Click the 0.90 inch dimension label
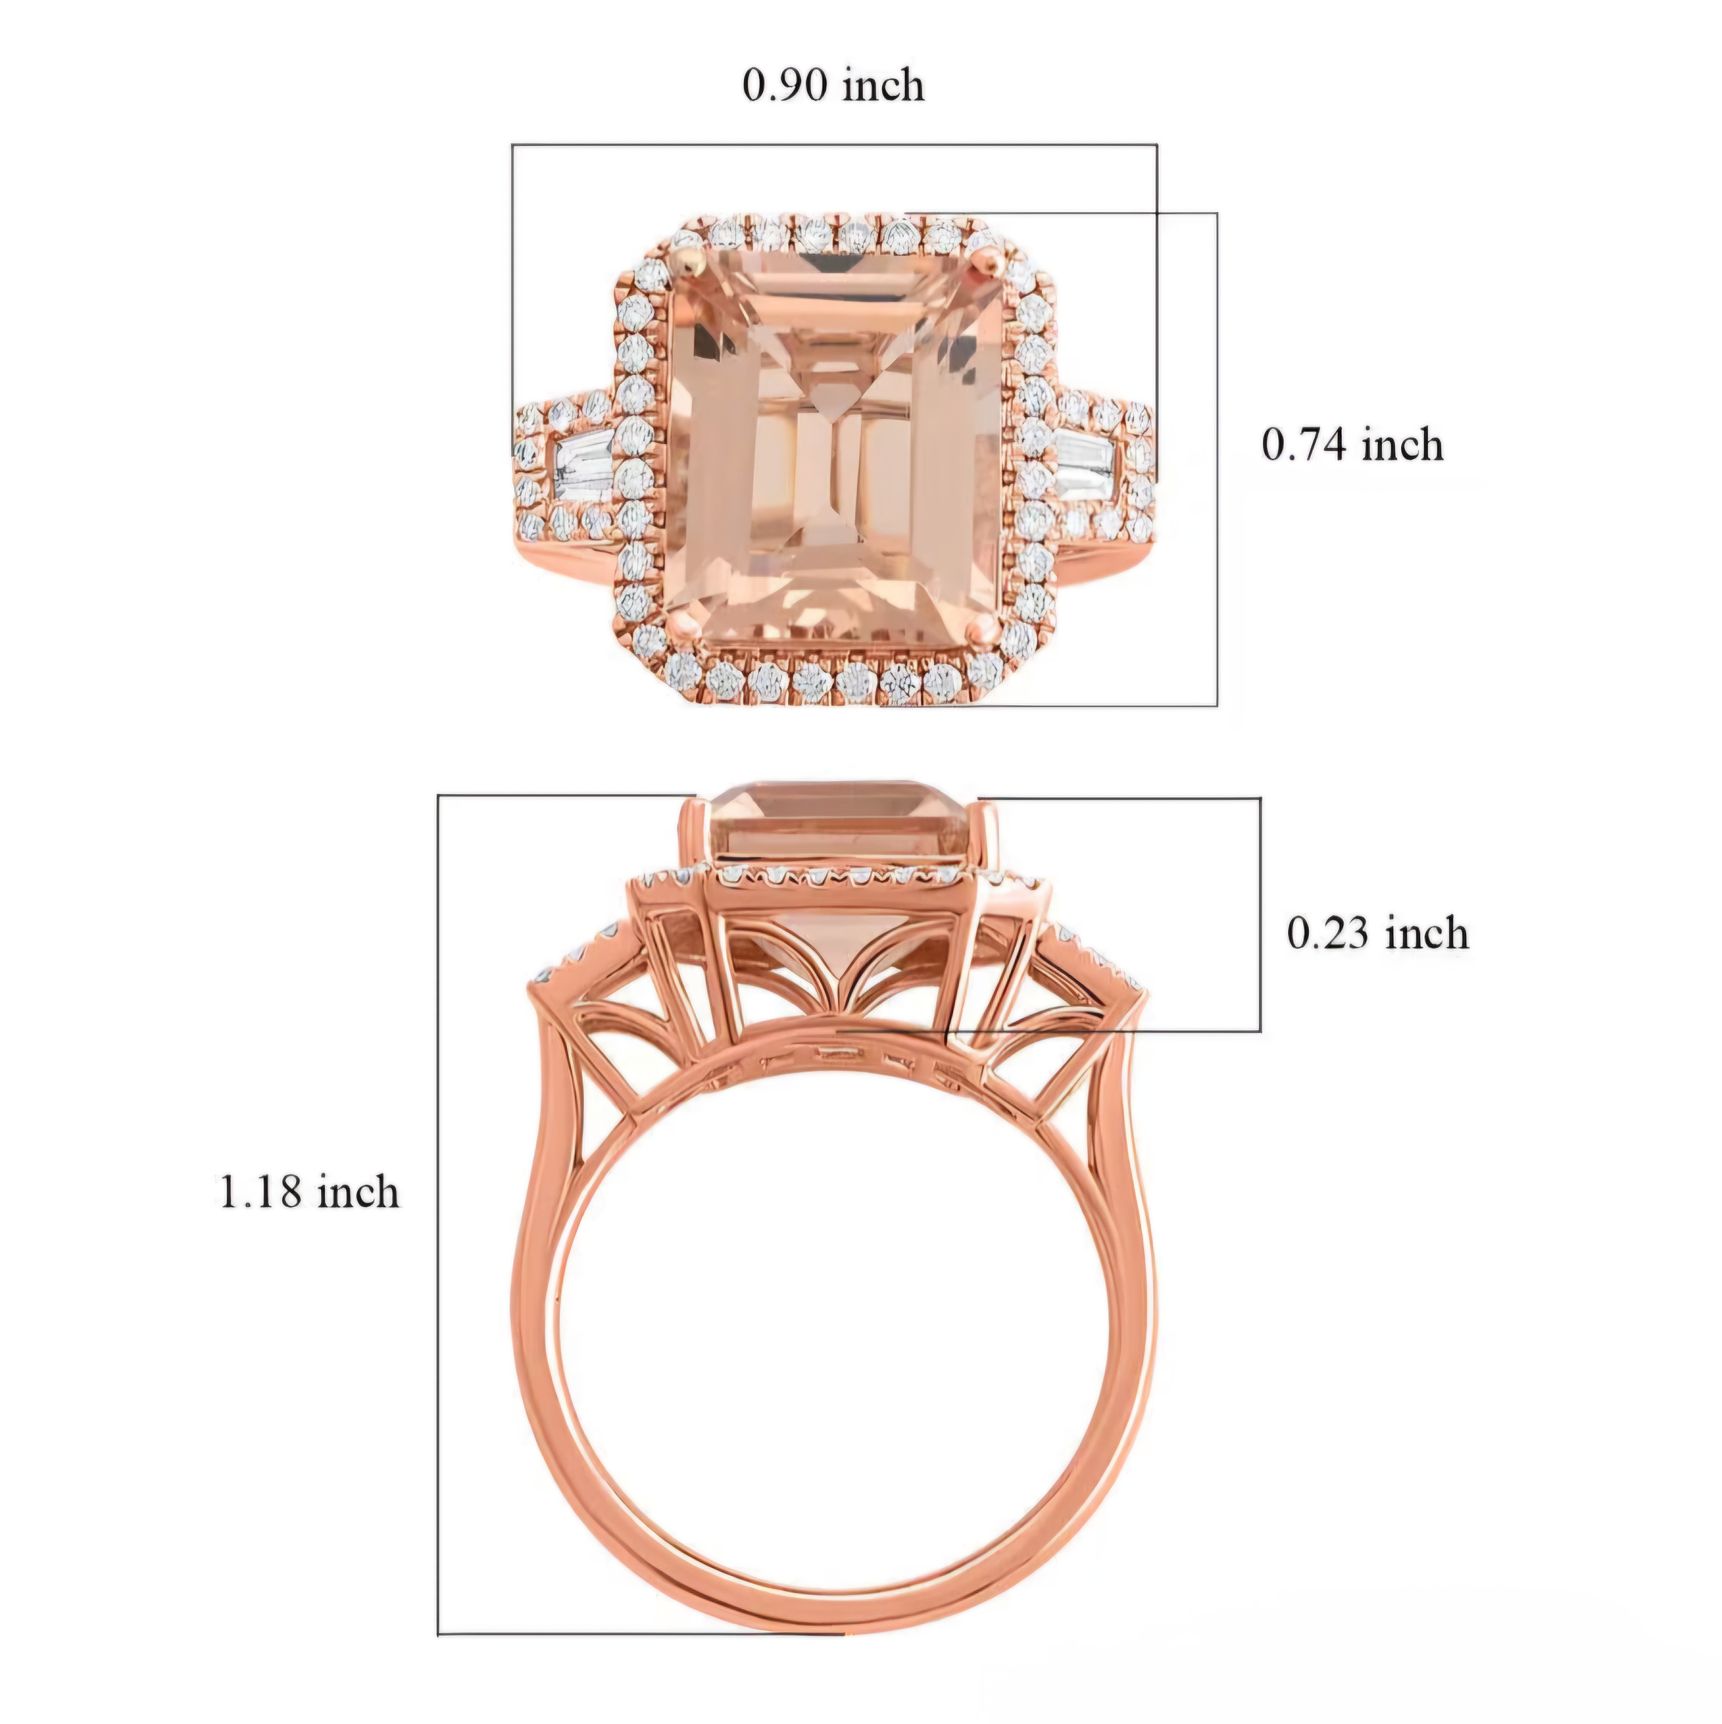(833, 86)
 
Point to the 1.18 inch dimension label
(309, 1192)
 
